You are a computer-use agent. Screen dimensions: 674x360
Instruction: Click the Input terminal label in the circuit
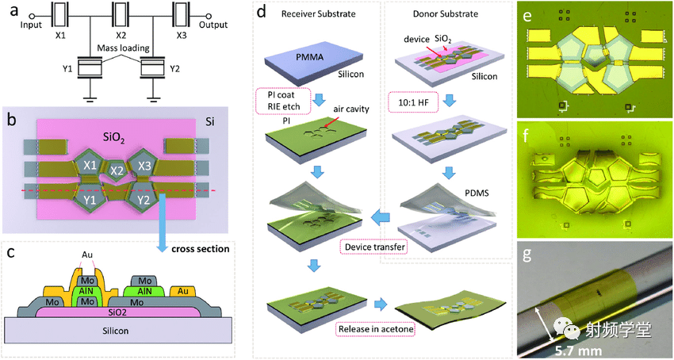pos(32,25)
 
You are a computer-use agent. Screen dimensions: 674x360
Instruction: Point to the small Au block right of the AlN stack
pos(183,292)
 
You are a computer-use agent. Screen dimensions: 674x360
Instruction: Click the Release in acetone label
pos(376,329)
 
